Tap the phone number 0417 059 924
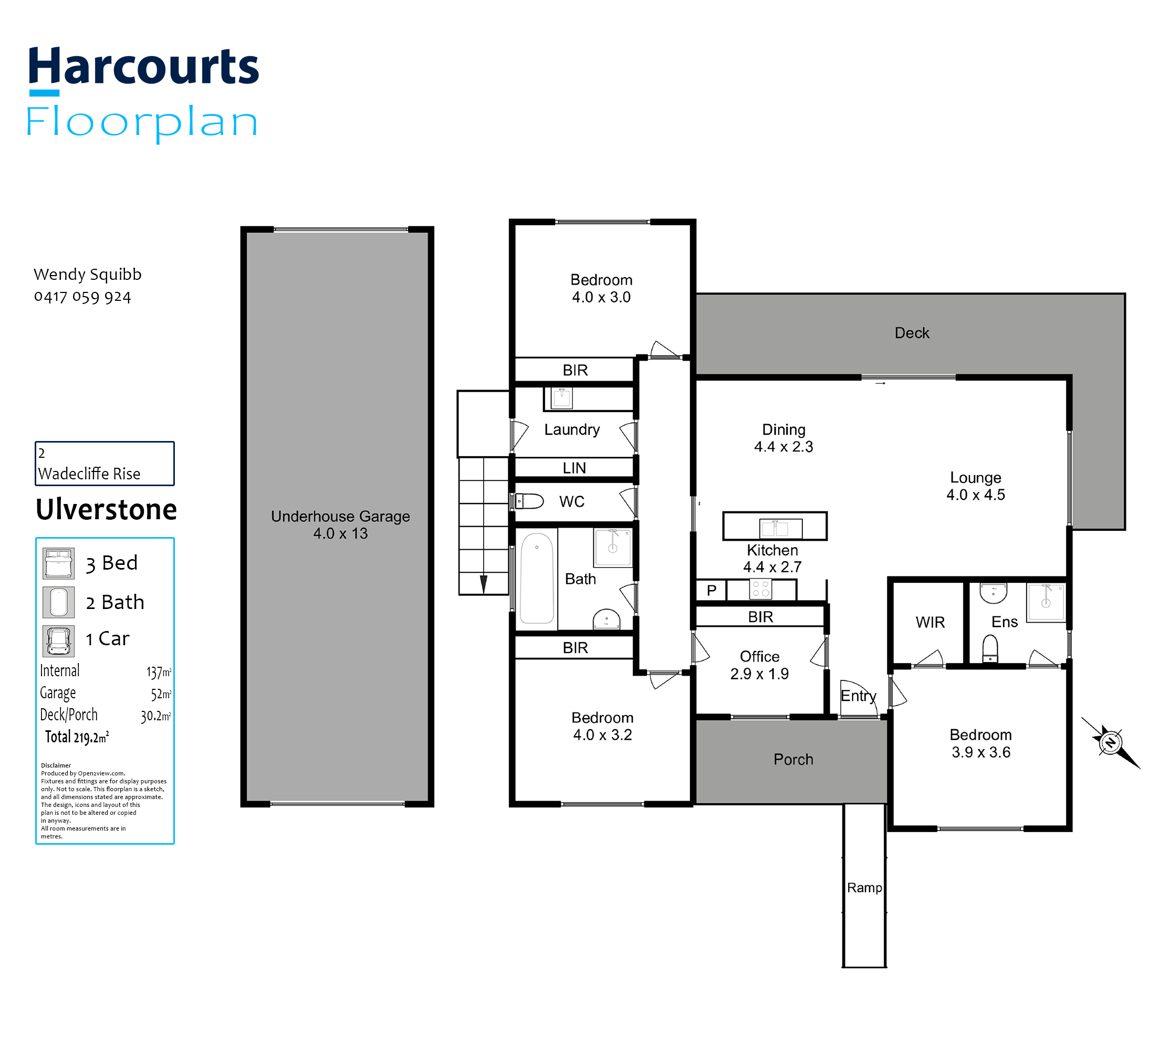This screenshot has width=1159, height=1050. click(83, 297)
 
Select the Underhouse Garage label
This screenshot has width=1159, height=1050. click(340, 517)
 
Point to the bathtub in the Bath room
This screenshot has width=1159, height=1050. click(537, 578)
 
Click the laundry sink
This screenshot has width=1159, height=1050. click(562, 398)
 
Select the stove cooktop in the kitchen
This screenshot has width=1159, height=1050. click(760, 589)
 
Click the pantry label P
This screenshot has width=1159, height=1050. click(712, 590)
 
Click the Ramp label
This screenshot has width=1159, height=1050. click(864, 888)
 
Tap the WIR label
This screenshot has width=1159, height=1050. click(930, 623)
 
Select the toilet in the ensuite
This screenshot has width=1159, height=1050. click(990, 648)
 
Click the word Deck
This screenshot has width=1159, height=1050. click(912, 333)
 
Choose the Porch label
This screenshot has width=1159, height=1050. click(793, 760)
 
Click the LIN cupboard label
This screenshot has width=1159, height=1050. click(575, 468)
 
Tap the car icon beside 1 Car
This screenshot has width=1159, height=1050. click(59, 642)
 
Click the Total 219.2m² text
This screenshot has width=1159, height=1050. click(77, 737)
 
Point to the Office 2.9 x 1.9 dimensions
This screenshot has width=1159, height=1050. click(759, 674)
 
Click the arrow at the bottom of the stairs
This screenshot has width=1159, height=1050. click(484, 584)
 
